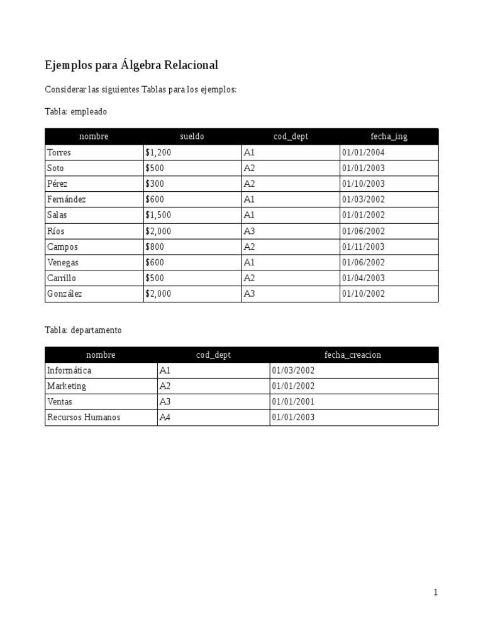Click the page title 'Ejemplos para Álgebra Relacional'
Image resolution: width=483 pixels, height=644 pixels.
(x=131, y=65)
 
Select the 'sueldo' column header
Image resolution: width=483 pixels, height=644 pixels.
(x=192, y=136)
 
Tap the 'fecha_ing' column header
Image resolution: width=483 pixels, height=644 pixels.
(x=389, y=136)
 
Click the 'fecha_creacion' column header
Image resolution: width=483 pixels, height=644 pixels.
(x=353, y=355)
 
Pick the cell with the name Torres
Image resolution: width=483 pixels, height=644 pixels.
(x=59, y=152)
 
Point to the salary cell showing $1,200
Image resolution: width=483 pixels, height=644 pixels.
(x=158, y=152)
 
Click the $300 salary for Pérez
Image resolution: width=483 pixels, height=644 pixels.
(x=155, y=184)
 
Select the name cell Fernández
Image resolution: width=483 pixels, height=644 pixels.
(x=66, y=199)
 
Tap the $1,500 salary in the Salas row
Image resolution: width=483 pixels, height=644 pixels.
(x=158, y=215)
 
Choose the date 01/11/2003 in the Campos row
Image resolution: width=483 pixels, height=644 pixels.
(x=364, y=247)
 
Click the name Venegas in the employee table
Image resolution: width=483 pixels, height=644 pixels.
(x=63, y=262)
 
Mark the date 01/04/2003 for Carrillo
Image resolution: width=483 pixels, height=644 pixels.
(x=364, y=278)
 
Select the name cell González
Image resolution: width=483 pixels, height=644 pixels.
(x=65, y=294)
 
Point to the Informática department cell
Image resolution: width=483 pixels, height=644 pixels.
(x=69, y=370)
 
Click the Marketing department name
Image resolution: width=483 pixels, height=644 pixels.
(x=67, y=386)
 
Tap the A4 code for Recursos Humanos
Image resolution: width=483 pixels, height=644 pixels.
(x=165, y=418)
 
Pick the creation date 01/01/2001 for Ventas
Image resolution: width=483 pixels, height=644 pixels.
(x=293, y=402)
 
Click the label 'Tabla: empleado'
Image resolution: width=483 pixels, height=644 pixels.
(x=76, y=111)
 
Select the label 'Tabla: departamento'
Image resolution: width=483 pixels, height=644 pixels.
(x=84, y=330)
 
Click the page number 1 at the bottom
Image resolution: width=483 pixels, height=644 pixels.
(x=435, y=592)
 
